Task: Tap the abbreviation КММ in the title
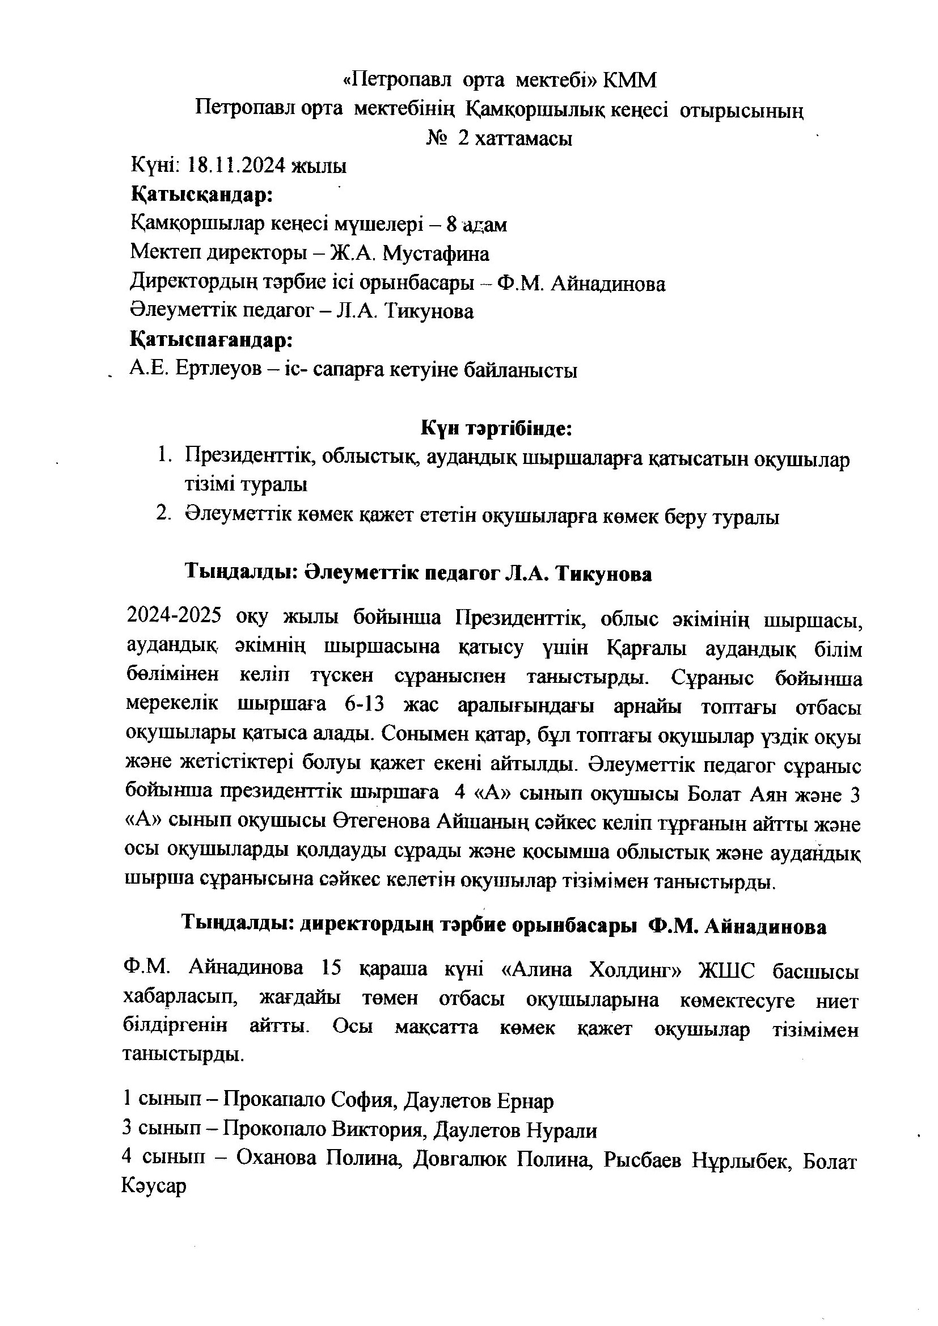click(x=629, y=81)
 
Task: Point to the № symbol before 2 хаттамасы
click(x=437, y=138)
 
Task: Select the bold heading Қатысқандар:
click(x=201, y=195)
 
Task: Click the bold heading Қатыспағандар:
click(x=212, y=340)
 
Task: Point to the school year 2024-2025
click(x=174, y=618)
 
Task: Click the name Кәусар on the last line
click(x=154, y=1187)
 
